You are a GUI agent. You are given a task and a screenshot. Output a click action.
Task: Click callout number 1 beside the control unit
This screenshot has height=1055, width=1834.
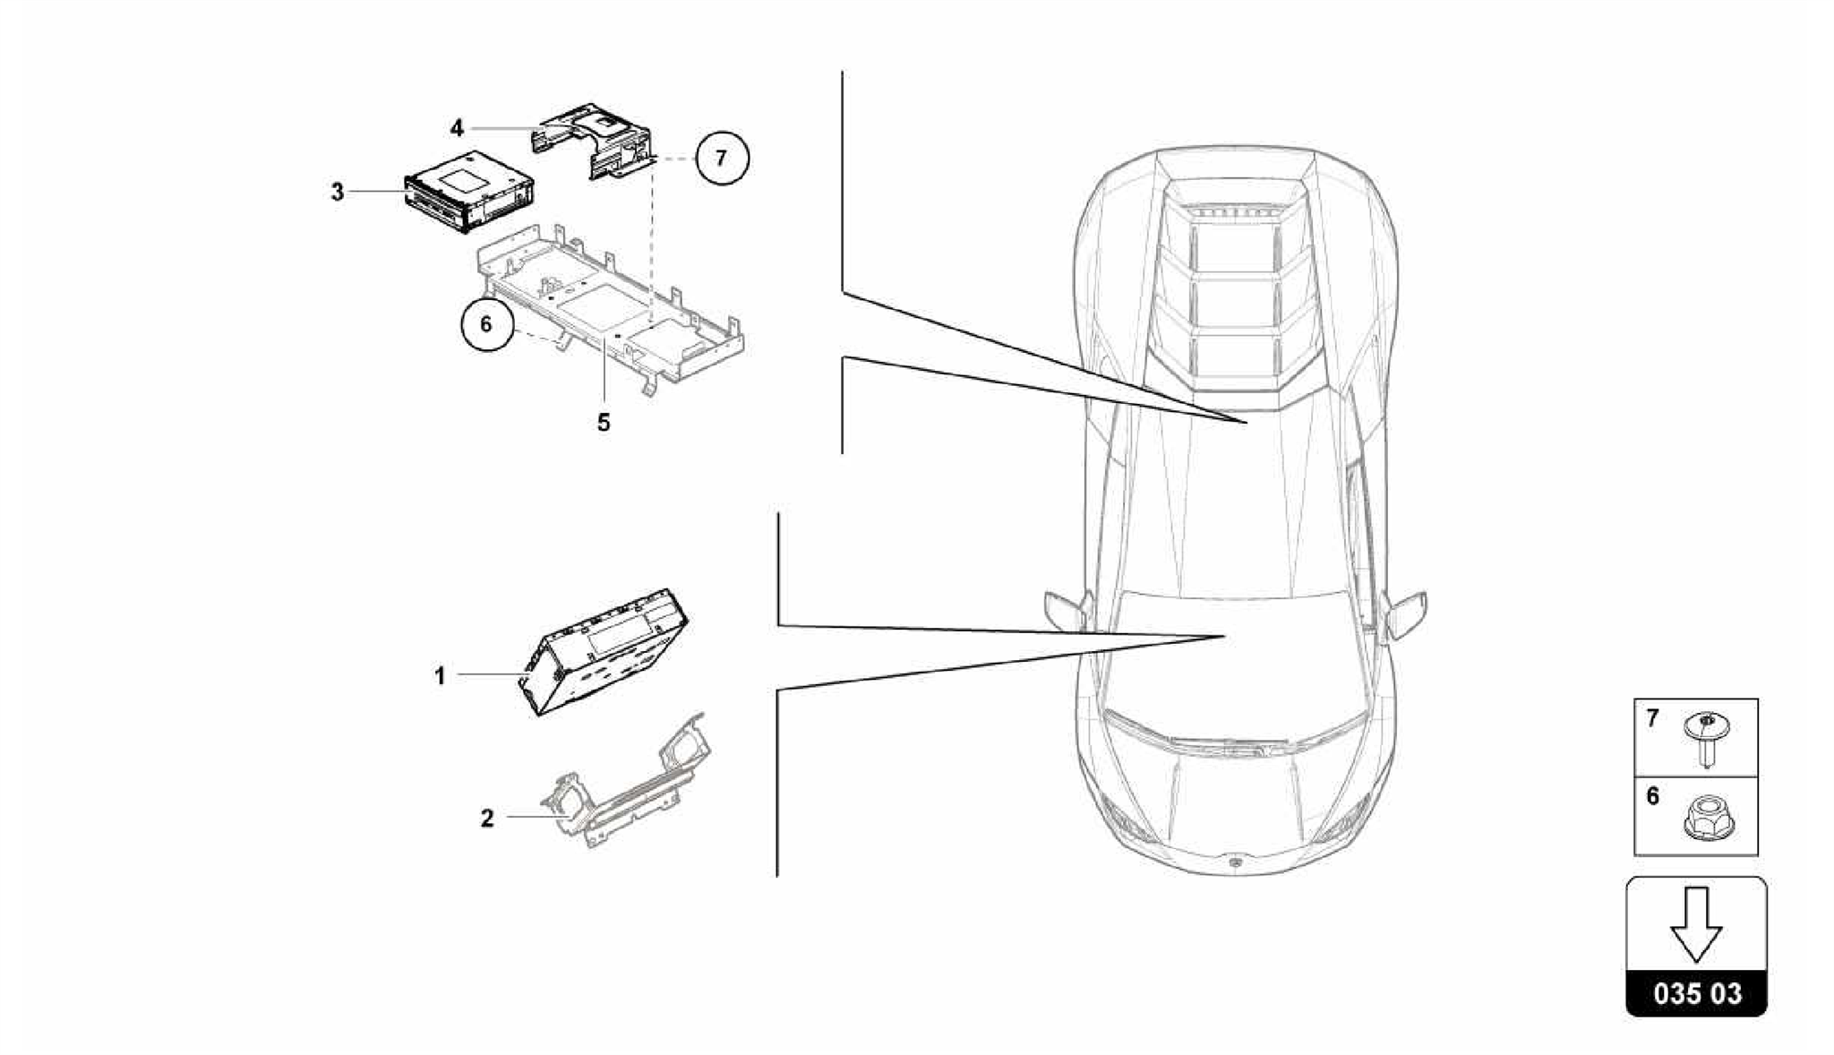[440, 676]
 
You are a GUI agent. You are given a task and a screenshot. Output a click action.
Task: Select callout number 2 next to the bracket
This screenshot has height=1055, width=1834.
[487, 818]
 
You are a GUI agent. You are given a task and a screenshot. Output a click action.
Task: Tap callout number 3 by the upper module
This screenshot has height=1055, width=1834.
[338, 192]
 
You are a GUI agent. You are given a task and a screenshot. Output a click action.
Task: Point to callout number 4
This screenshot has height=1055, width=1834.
[457, 129]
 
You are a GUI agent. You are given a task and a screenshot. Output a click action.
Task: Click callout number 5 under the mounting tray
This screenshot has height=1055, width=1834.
[604, 422]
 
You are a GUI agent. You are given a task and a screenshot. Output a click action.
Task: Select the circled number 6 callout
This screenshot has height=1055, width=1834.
[486, 323]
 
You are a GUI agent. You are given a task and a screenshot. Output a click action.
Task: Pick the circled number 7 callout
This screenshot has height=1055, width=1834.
[721, 159]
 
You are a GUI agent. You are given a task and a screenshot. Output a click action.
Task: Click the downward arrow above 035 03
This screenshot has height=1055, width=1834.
[1696, 923]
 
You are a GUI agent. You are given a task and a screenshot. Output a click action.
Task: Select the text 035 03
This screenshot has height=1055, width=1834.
[1697, 993]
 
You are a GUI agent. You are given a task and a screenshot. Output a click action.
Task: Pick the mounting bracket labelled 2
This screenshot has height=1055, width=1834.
[627, 788]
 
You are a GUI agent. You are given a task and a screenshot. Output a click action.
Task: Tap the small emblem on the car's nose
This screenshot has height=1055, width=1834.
[1235, 862]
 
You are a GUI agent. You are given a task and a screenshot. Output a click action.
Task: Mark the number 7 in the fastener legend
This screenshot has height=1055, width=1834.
[1652, 717]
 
